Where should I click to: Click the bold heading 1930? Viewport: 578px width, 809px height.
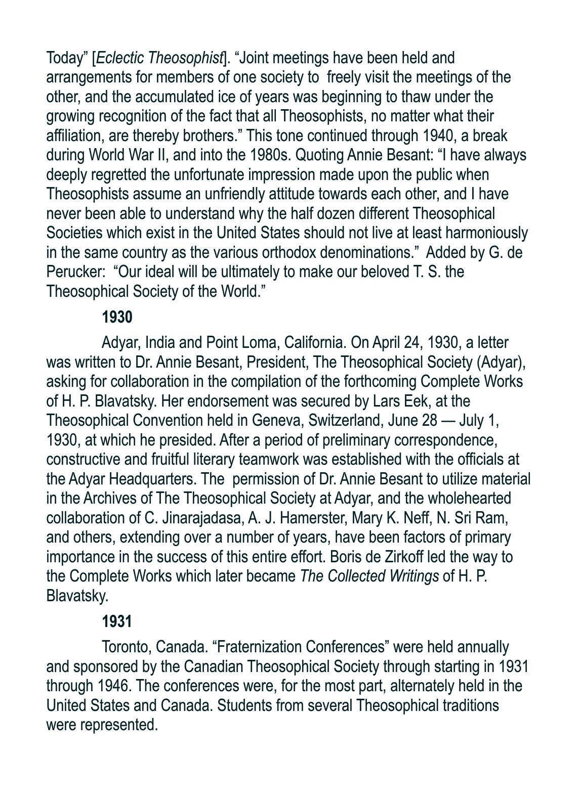[117, 318]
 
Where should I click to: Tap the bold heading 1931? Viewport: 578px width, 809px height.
[117, 621]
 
